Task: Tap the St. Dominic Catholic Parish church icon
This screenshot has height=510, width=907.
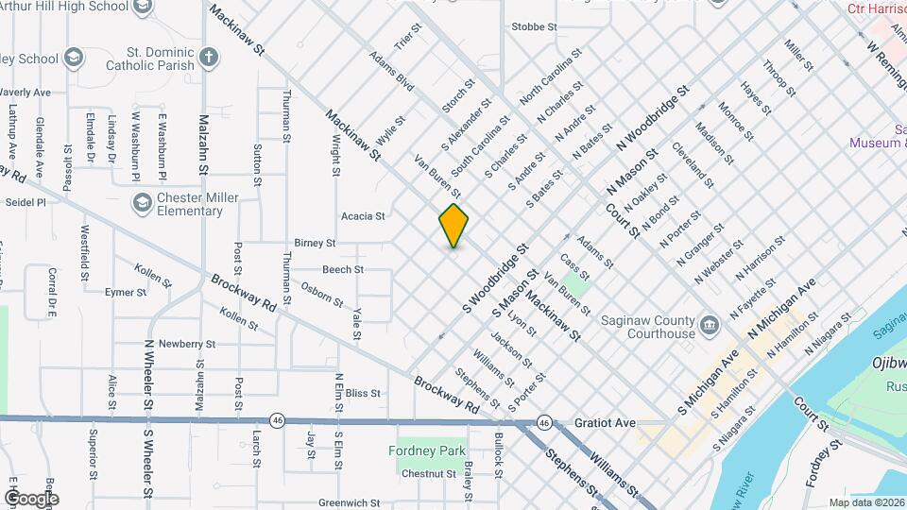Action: pyautogui.click(x=209, y=59)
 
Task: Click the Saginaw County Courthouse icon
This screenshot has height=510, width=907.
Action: pyautogui.click(x=710, y=327)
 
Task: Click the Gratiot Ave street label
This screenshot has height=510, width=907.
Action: pyautogui.click(x=605, y=424)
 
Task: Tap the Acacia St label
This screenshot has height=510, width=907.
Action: pyautogui.click(x=363, y=216)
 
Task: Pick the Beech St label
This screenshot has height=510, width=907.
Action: pyautogui.click(x=343, y=270)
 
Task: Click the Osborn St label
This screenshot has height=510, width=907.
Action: pyautogui.click(x=321, y=294)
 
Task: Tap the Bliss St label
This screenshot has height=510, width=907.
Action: pyautogui.click(x=363, y=393)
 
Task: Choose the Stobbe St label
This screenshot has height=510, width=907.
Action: pyautogui.click(x=534, y=26)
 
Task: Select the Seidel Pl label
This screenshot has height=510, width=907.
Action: pyautogui.click(x=26, y=202)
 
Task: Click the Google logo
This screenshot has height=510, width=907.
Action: pyautogui.click(x=30, y=498)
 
